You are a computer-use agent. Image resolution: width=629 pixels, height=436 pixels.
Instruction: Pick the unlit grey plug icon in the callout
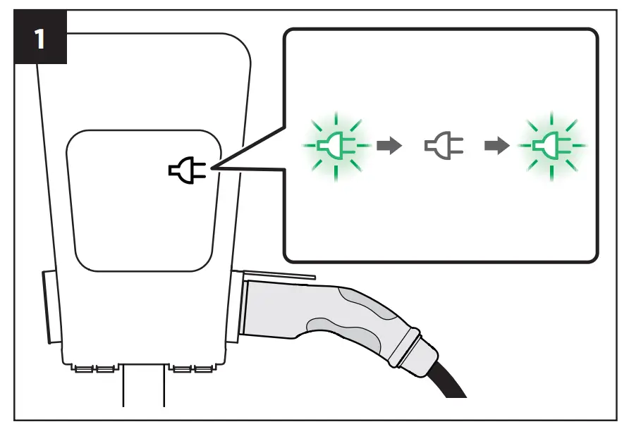[444, 147]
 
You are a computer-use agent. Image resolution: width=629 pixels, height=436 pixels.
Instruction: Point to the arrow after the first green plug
[389, 147]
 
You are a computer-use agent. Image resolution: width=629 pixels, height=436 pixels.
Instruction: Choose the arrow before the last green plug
[497, 147]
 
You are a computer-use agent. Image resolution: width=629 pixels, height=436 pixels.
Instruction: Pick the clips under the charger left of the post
[96, 368]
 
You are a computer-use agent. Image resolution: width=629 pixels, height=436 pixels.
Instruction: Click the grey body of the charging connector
[282, 310]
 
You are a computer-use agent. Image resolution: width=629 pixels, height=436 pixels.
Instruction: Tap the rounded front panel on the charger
[141, 201]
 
